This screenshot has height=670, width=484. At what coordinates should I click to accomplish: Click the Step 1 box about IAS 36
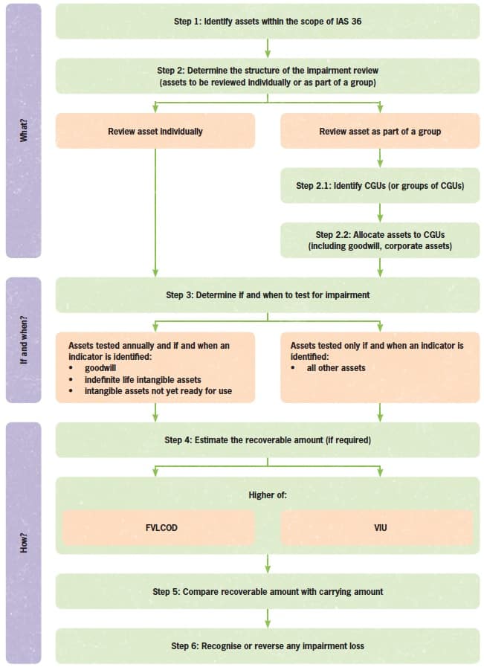click(268, 21)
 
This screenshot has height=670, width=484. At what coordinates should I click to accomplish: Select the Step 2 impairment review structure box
click(268, 76)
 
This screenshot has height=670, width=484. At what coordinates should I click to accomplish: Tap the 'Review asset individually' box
click(155, 131)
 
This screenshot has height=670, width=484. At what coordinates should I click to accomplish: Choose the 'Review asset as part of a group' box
click(380, 131)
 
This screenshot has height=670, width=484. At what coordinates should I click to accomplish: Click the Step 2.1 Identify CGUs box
click(380, 185)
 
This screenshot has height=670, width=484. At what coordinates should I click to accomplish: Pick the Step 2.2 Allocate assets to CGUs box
click(380, 239)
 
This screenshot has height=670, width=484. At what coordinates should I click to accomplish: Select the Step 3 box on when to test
click(268, 294)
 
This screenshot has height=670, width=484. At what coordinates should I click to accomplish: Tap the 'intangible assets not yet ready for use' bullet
click(158, 390)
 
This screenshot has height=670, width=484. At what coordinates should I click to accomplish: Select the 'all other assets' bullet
click(336, 367)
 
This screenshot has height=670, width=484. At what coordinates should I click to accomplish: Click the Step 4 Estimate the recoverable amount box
click(268, 440)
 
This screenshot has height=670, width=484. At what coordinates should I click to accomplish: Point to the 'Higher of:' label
click(268, 495)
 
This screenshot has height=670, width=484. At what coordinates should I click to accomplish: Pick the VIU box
click(380, 527)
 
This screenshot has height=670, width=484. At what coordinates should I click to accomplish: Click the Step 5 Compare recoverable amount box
click(268, 591)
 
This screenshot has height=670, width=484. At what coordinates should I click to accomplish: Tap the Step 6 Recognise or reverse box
click(268, 645)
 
